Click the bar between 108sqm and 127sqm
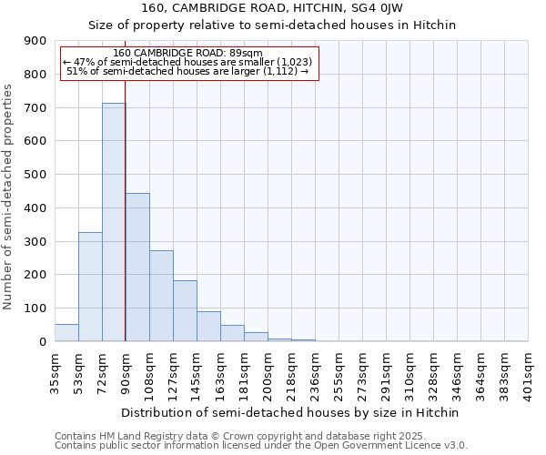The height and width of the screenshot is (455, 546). click(161, 296)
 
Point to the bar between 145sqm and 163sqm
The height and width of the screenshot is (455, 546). click(208, 327)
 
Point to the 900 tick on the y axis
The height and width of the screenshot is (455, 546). click(35, 41)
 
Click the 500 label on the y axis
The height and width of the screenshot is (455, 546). click(35, 175)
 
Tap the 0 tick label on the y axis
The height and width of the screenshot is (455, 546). click(43, 341)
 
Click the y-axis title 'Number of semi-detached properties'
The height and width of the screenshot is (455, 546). click(9, 197)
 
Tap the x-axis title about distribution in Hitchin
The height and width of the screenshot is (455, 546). click(291, 412)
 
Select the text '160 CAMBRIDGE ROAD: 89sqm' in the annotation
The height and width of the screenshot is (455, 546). click(189, 53)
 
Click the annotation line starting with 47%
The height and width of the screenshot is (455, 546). click(189, 62)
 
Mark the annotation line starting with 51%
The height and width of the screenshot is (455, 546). click(189, 71)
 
